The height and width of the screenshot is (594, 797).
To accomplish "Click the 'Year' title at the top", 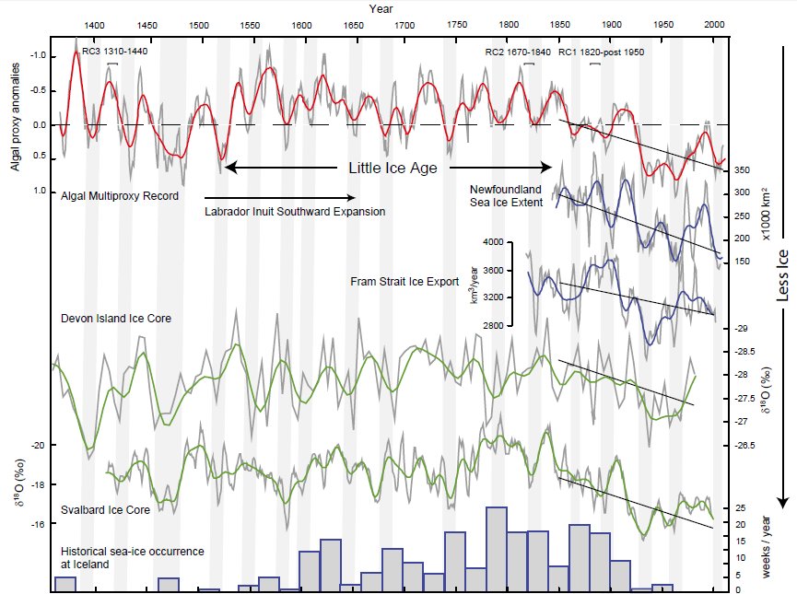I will point(382,7).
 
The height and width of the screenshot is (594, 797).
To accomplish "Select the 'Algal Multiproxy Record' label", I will point(120,195).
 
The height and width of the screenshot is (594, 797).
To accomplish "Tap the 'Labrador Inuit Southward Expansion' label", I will point(295,211).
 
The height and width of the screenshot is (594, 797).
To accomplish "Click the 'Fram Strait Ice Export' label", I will point(404,281).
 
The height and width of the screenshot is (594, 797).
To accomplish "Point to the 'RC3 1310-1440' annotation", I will point(115,52).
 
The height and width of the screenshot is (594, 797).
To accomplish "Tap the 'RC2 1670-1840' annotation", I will point(518,52).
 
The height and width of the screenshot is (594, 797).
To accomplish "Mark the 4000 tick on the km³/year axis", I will point(494,242).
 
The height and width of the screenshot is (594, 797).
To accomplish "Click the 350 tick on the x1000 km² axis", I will point(744,170).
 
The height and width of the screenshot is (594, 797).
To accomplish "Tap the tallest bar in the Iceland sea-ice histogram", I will point(496,548).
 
